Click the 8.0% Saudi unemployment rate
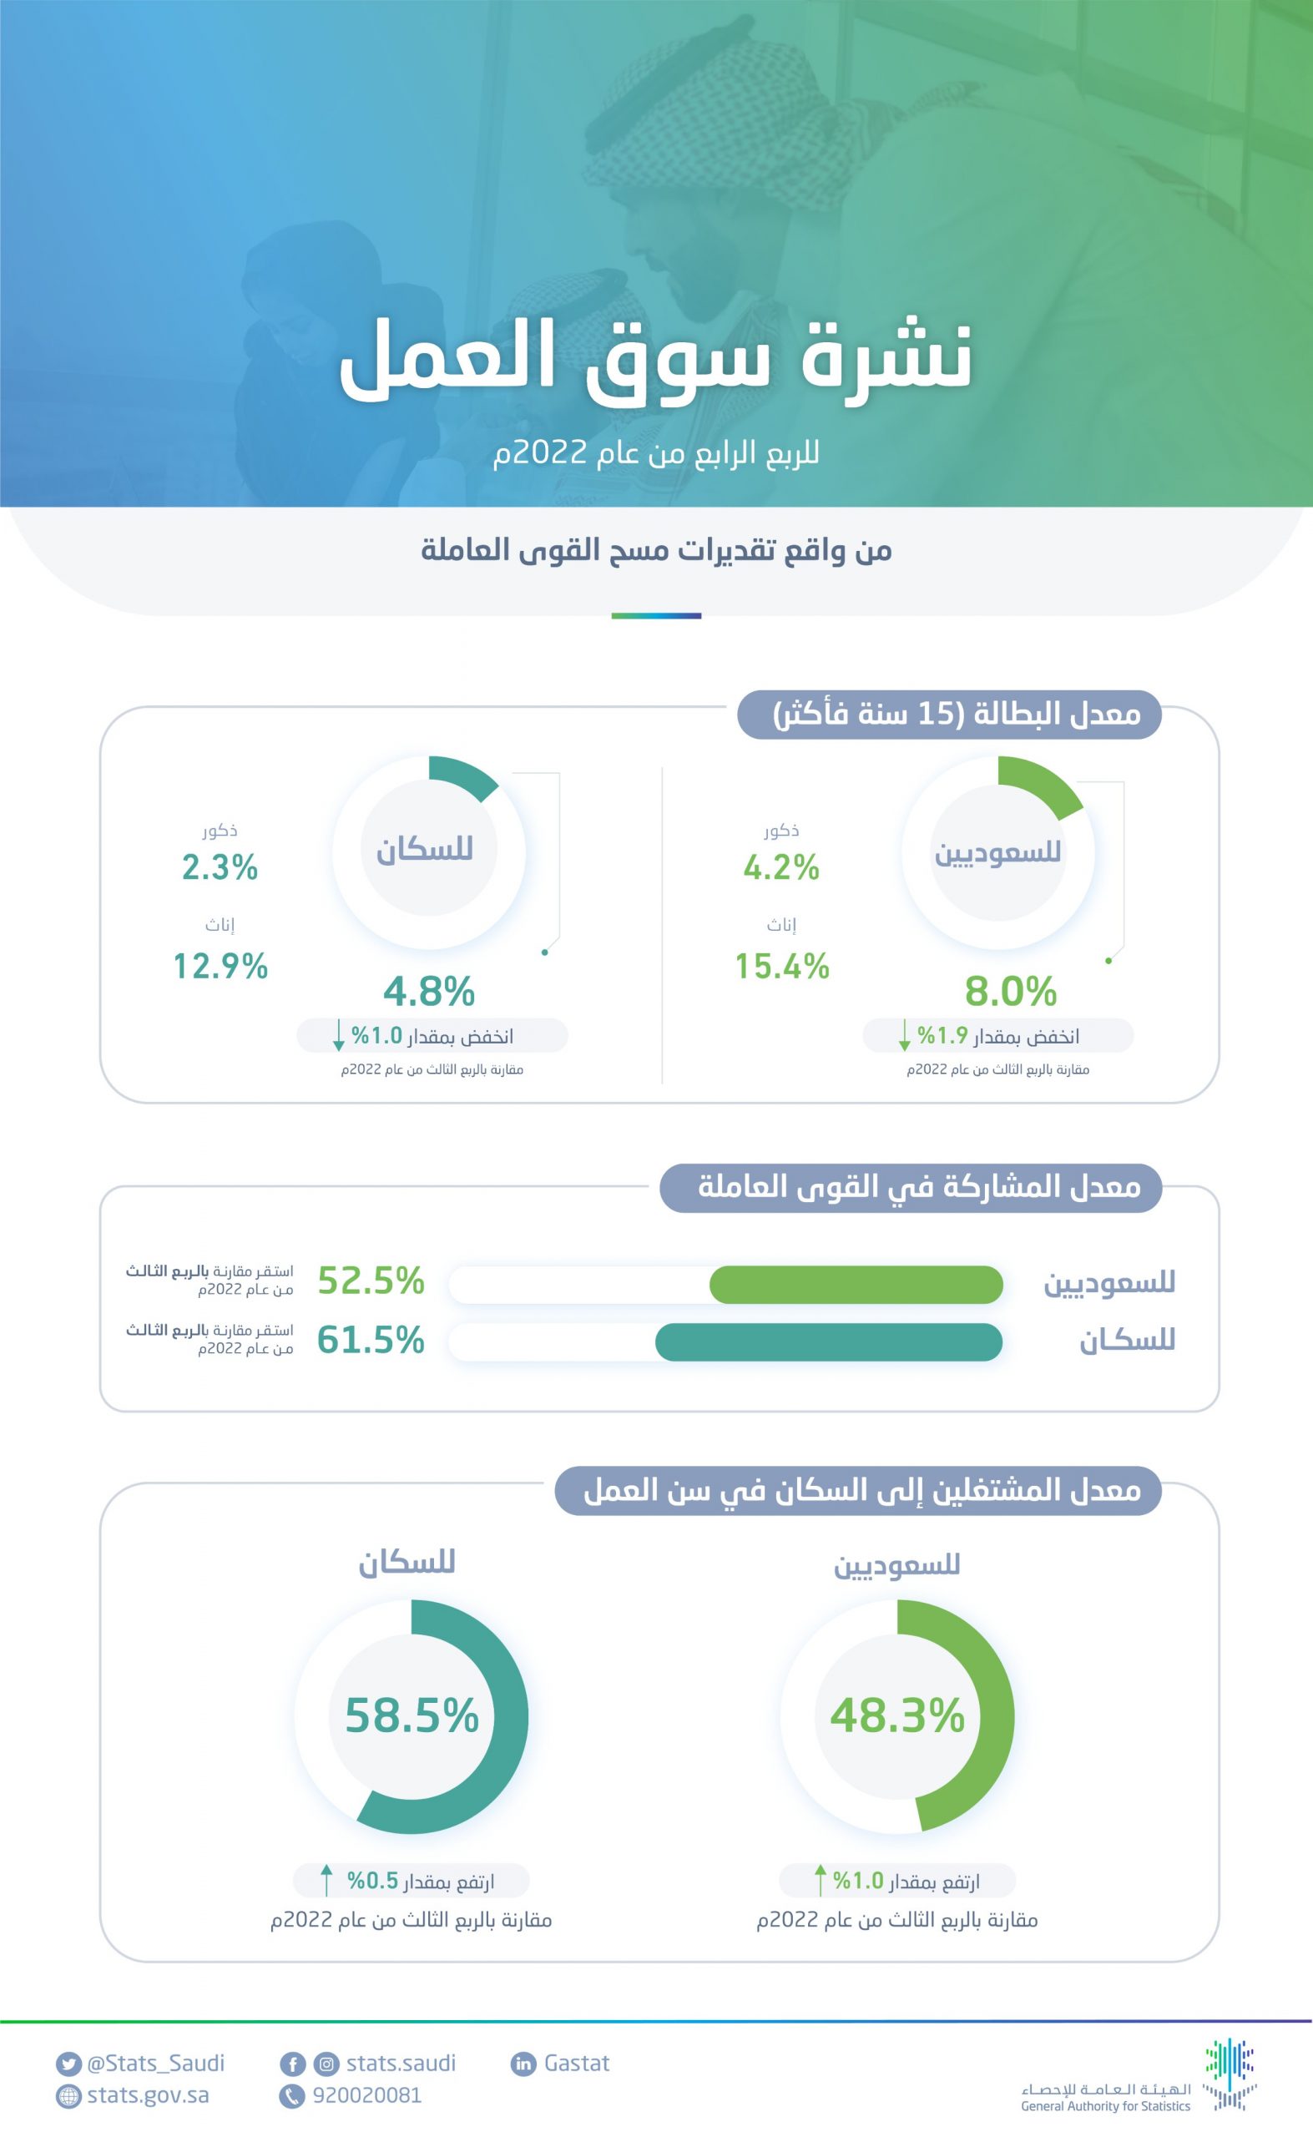pos(1010,991)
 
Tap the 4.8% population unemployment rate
pos(429,991)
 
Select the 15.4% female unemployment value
pos(781,967)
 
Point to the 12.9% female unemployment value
pos(220,967)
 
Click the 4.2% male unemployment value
pos(780,867)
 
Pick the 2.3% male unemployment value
pos(220,867)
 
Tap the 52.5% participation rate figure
pos(371,1281)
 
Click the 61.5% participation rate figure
pos(371,1340)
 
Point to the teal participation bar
pos(828,1342)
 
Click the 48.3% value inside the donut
pos(897,1715)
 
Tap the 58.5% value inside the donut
pos(412,1715)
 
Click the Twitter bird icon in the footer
pos(68,2064)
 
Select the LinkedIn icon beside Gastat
pos(523,2064)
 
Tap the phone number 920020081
pos(366,2095)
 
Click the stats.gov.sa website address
pos(148,2095)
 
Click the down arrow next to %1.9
pos(904,1035)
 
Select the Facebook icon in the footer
pos(293,2064)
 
